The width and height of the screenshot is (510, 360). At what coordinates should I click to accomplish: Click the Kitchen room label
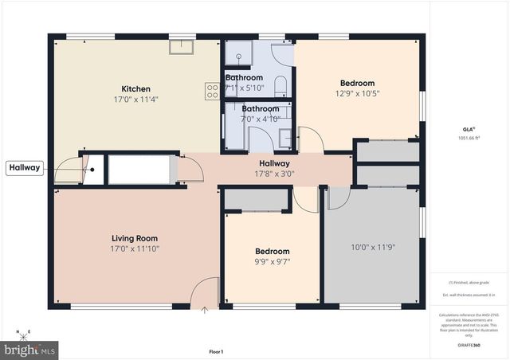pyautogui.click(x=135, y=88)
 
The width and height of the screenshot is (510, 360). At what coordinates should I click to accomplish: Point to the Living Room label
pyautogui.click(x=134, y=237)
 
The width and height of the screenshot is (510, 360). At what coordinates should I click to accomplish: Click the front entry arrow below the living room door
pyautogui.click(x=205, y=309)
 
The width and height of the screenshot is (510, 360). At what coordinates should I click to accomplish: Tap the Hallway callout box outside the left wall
pyautogui.click(x=24, y=167)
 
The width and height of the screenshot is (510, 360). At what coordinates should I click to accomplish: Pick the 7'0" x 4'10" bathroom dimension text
pyautogui.click(x=260, y=118)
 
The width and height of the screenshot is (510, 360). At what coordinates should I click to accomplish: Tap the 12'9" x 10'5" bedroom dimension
pyautogui.click(x=357, y=93)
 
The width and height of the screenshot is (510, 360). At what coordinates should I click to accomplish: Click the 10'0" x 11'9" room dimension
pyautogui.click(x=374, y=246)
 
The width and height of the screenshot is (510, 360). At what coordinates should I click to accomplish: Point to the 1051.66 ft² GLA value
pyautogui.click(x=468, y=137)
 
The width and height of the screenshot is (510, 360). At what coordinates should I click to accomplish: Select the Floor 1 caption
pyautogui.click(x=216, y=351)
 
